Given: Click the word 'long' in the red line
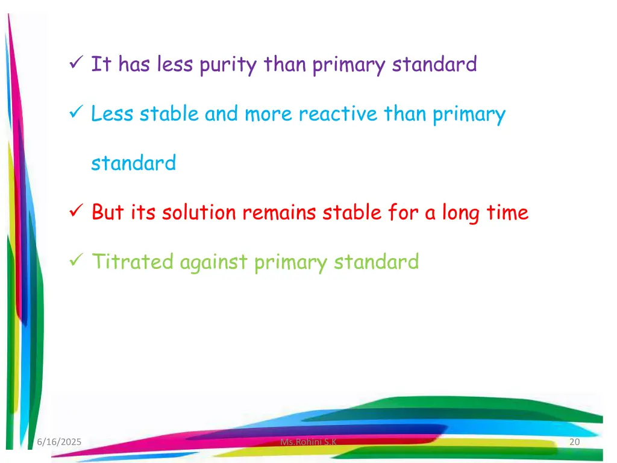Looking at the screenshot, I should [x=463, y=213].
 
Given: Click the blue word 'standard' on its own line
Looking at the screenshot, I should [x=133, y=163].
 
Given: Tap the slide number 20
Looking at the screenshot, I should [x=574, y=443].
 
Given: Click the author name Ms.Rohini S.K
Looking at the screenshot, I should [x=308, y=443].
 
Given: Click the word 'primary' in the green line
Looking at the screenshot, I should [x=291, y=262].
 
